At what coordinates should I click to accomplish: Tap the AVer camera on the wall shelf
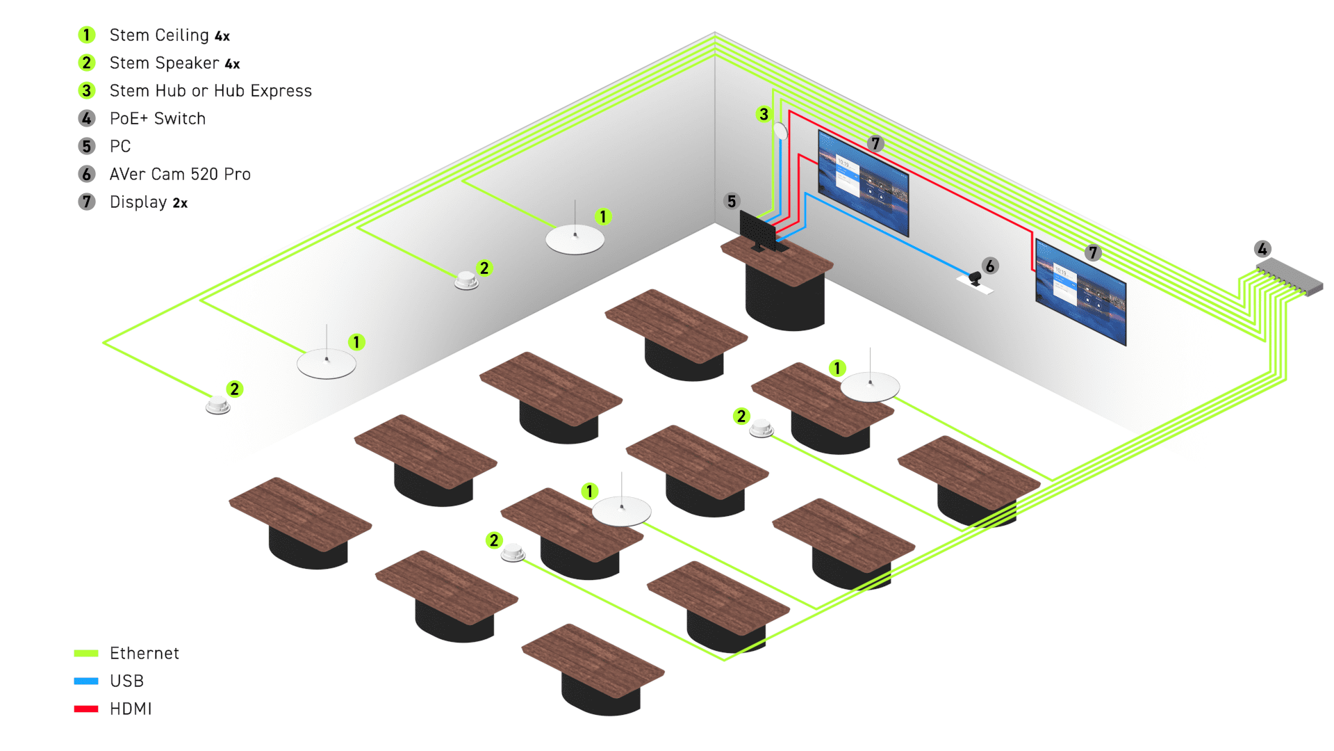pyautogui.click(x=975, y=278)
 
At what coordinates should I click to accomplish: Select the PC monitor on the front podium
pyautogui.click(x=757, y=230)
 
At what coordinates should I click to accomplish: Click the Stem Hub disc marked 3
pyautogui.click(x=780, y=131)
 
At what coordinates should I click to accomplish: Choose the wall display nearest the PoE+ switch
pyautogui.click(x=1080, y=292)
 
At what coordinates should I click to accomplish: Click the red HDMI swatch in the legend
pyautogui.click(x=86, y=709)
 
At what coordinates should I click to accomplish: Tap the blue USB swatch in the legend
pyautogui.click(x=86, y=681)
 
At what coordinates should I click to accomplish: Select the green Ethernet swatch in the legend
pyautogui.click(x=86, y=653)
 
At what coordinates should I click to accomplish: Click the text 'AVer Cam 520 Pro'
pyautogui.click(x=180, y=174)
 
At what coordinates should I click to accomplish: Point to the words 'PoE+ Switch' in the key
pyautogui.click(x=158, y=118)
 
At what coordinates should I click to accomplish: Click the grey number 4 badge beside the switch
pyautogui.click(x=1262, y=249)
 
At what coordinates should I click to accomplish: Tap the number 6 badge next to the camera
pyautogui.click(x=990, y=266)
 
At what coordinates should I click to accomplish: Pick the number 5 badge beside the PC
pyautogui.click(x=732, y=201)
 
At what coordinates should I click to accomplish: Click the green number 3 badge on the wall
pyautogui.click(x=764, y=114)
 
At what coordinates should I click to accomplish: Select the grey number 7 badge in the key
pyautogui.click(x=87, y=202)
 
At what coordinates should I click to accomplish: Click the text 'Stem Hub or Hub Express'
pyautogui.click(x=211, y=90)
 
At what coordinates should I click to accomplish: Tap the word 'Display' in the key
pyautogui.click(x=138, y=202)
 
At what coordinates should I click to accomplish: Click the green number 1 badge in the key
pyautogui.click(x=87, y=35)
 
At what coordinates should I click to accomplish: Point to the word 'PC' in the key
pyautogui.click(x=120, y=146)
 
